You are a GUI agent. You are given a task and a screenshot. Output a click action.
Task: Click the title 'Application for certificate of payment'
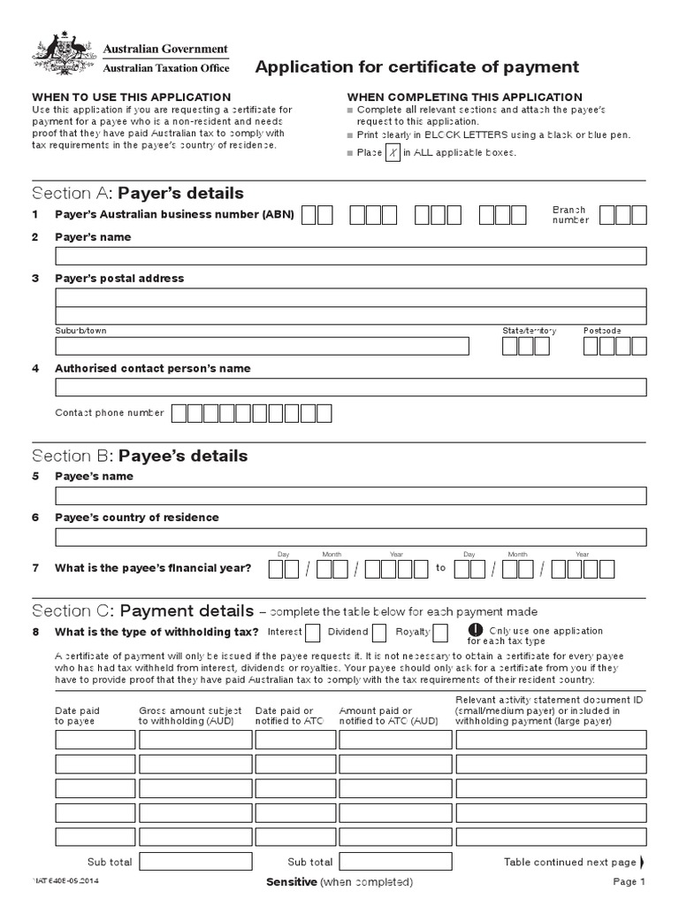coord(417,66)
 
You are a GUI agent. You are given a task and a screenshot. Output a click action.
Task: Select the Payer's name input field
coord(351,257)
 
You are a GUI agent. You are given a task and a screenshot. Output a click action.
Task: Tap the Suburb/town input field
coord(262,346)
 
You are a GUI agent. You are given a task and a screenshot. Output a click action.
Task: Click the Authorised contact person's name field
coord(351,387)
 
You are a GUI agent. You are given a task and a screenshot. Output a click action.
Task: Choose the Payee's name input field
coord(351,495)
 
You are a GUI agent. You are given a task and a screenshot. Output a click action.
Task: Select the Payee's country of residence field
coord(351,536)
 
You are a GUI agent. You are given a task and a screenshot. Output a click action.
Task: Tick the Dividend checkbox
coord(378,632)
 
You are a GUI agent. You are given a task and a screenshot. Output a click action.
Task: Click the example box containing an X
coord(393,153)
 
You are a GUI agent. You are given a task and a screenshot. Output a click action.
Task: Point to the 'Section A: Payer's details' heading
coord(138,193)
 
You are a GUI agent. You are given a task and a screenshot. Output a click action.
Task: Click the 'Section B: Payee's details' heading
coord(140,456)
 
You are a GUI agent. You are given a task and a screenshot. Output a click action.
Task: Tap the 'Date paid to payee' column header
coord(78,716)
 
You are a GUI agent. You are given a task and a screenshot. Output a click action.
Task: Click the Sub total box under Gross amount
coord(195,861)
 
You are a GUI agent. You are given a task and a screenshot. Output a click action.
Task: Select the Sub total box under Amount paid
coord(395,861)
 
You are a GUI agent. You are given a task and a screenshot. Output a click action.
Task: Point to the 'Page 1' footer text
coord(630,882)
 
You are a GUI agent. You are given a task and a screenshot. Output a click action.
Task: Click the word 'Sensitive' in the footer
coord(291,882)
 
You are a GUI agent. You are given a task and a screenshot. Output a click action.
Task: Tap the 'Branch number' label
coord(570,215)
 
